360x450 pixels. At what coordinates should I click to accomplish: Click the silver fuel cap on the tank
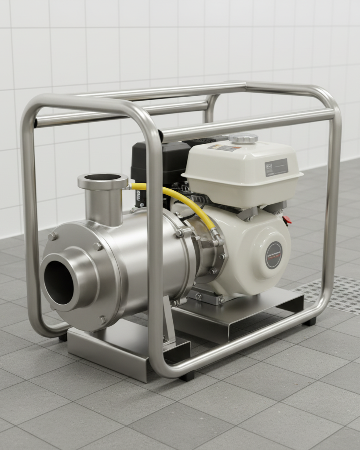tap(243, 138)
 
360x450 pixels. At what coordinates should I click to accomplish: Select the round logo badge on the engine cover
tap(273, 255)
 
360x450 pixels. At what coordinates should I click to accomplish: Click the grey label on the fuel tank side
tap(276, 167)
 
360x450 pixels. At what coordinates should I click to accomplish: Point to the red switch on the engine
tap(287, 220)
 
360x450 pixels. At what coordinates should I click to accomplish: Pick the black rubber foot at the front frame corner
tap(187, 376)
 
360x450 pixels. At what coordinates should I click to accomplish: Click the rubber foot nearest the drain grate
tap(310, 321)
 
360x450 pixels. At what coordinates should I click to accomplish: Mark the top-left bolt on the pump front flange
tap(52, 236)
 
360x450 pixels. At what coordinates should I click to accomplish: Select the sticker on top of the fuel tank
tap(225, 148)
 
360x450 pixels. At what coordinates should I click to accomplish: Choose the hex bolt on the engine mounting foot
tap(197, 297)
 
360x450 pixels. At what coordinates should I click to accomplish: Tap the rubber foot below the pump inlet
tap(63, 337)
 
